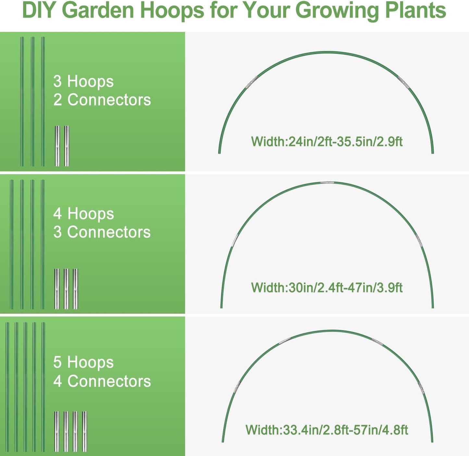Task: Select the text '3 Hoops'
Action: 83,81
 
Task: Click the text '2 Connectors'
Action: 102,100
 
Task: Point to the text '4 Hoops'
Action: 83,214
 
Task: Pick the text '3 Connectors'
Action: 102,232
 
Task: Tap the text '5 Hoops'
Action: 83,362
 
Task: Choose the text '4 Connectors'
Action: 102,381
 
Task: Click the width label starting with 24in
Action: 327,142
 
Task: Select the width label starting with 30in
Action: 327,288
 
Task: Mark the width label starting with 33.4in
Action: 327,430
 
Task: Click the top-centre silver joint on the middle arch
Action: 327,183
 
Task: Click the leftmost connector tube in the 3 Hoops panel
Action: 57,146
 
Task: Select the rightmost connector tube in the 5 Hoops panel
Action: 85,431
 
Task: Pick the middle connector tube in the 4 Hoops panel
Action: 66,289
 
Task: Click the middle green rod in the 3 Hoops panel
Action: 32,101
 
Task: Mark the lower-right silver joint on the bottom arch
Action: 421,388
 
